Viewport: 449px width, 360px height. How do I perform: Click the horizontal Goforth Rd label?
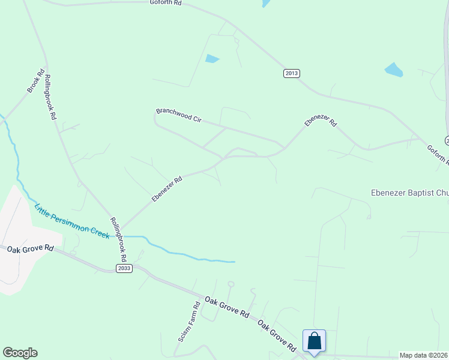tap(166, 2)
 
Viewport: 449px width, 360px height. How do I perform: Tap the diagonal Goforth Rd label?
tap(438, 155)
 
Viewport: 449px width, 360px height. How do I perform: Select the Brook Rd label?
tap(36, 82)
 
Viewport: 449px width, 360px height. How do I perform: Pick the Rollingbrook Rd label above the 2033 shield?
tap(118, 239)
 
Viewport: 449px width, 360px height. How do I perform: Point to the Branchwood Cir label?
tap(178, 115)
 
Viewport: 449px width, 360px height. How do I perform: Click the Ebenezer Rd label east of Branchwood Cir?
tap(321, 120)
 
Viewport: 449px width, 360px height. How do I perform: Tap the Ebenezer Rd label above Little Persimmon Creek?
tap(167, 189)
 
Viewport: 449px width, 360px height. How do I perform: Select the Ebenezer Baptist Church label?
tap(408, 193)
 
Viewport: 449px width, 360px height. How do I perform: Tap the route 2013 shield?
tap(291, 73)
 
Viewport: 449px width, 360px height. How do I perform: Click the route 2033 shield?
tap(124, 268)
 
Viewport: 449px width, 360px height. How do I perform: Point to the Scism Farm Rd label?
tap(188, 322)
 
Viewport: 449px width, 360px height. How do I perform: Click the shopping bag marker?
tap(314, 341)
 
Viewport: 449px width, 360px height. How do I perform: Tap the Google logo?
tap(20, 353)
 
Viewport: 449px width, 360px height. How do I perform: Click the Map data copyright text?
tap(423, 355)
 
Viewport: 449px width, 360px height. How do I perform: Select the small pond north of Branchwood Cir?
tap(212, 59)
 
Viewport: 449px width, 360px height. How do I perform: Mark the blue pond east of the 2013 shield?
tap(394, 70)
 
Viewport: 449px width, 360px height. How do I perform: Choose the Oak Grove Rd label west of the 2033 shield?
tap(31, 248)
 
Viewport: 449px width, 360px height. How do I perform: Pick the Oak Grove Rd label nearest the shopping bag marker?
tap(277, 336)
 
